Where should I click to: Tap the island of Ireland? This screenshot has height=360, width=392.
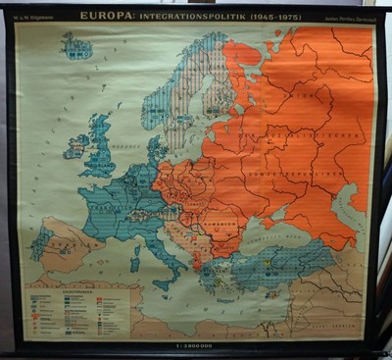[76, 148]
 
